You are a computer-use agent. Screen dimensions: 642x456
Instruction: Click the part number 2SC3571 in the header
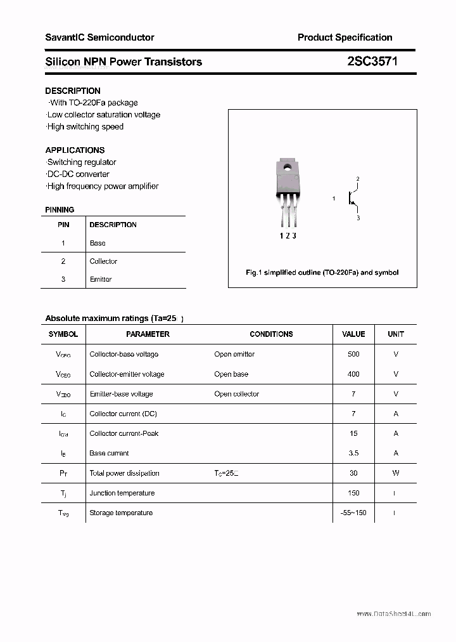point(372,62)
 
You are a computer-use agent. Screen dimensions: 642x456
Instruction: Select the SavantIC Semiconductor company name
point(99,37)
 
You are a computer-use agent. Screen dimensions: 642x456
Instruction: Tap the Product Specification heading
point(345,37)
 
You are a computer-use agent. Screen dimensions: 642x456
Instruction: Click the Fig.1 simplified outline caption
point(322,272)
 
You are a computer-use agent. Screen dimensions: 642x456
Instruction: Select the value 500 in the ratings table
point(353,354)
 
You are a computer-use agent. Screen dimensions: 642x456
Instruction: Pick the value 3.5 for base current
point(353,453)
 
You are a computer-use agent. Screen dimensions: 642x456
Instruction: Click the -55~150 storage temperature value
point(353,513)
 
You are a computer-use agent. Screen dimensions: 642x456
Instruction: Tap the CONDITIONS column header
point(271,334)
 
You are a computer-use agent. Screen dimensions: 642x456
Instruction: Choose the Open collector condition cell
point(236,394)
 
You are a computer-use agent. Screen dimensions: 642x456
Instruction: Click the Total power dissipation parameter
point(124,473)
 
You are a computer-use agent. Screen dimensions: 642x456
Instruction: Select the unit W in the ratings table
point(396,473)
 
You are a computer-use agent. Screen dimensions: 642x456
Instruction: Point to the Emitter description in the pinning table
point(101,279)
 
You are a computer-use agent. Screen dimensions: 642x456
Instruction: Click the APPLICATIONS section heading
point(75,150)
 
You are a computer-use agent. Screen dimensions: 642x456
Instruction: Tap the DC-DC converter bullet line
point(77,174)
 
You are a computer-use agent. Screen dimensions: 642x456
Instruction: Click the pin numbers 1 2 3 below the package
point(288,235)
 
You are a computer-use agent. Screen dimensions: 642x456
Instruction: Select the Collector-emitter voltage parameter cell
point(127,374)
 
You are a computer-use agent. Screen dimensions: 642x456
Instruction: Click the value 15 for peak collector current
point(353,433)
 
